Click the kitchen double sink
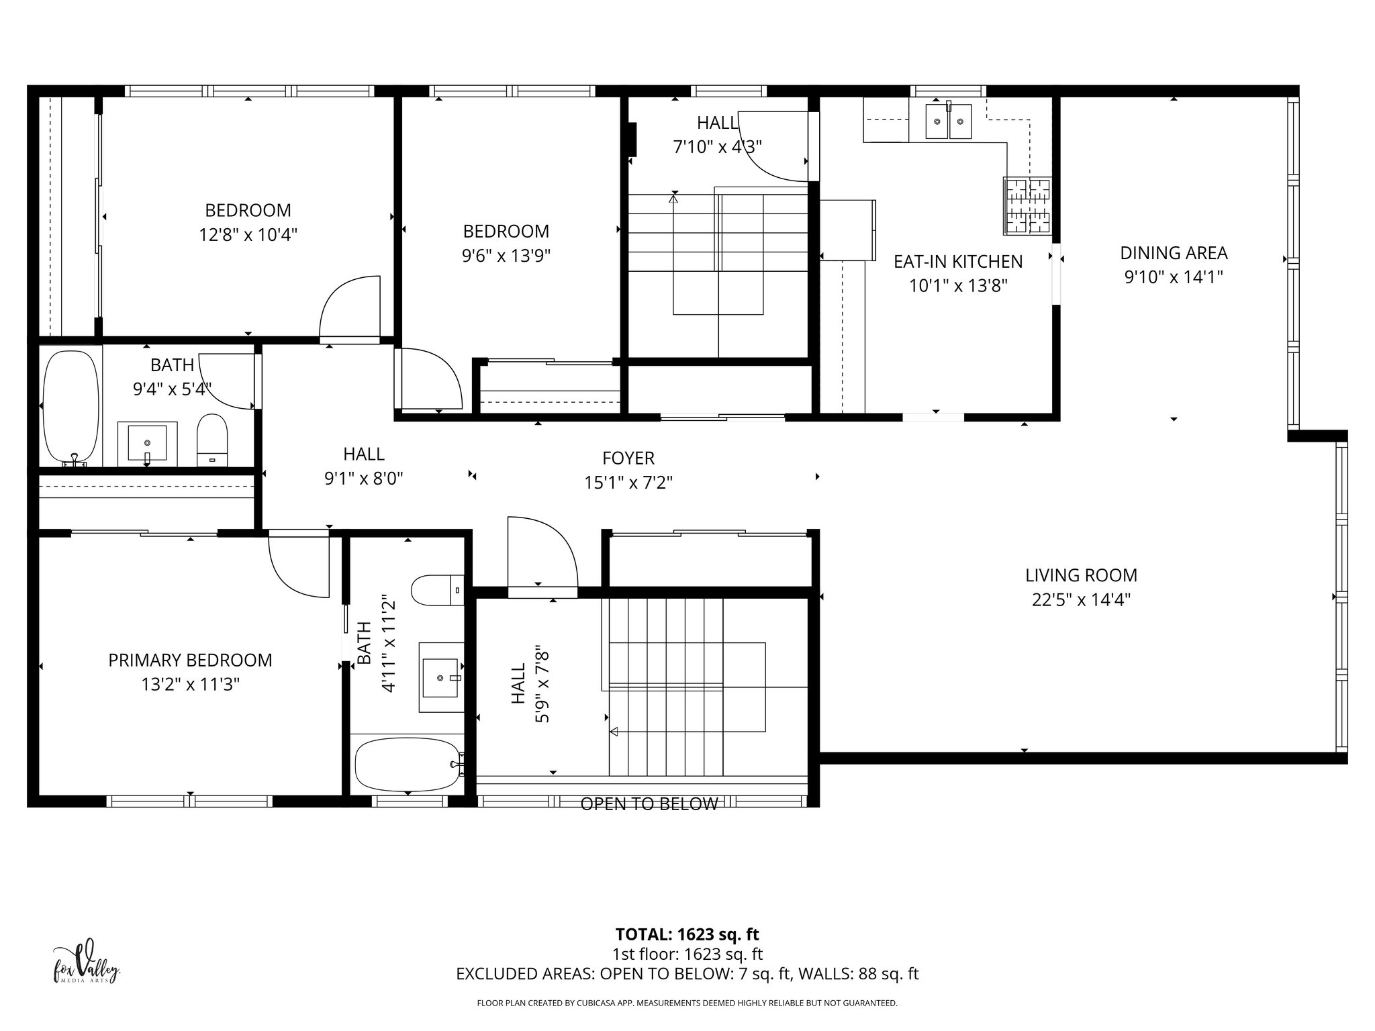point(948,121)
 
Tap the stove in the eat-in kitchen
point(1027,206)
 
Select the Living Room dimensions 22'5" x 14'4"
point(1081,599)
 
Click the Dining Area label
point(1174,253)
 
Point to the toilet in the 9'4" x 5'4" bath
point(212,440)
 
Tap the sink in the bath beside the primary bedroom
point(441,677)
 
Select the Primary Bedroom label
point(190,660)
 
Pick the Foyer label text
point(628,458)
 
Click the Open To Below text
point(649,804)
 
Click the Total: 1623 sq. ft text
point(687,934)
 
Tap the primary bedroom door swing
point(299,564)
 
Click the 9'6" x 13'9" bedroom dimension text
point(506,256)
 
